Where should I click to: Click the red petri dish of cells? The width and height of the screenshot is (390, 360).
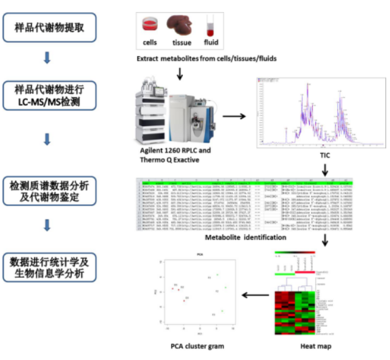click(x=150, y=25)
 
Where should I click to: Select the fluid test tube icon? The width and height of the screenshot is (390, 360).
click(x=210, y=26)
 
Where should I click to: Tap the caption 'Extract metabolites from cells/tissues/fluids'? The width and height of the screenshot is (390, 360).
click(x=206, y=59)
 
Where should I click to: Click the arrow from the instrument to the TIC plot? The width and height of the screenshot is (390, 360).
click(x=234, y=117)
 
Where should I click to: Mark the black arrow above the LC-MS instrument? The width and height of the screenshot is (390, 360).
click(x=180, y=74)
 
